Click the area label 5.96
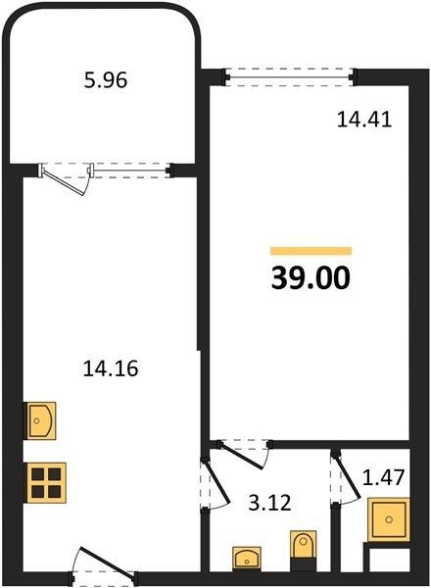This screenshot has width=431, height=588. (106, 80)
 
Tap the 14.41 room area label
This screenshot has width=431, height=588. (364, 120)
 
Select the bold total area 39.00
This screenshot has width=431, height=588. (311, 278)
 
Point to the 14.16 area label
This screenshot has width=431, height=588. (111, 368)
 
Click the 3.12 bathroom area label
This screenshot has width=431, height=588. (269, 503)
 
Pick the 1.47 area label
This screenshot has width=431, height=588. (383, 477)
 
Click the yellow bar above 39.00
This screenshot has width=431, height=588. (311, 251)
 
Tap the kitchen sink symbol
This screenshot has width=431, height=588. (40, 420)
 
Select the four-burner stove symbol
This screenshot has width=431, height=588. (45, 483)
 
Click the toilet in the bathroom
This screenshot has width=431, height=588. (304, 550)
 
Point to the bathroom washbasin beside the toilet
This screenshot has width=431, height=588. (247, 559)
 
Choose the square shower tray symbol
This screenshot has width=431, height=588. (389, 519)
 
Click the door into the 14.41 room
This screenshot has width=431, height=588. (242, 457)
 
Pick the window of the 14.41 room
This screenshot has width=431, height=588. (289, 77)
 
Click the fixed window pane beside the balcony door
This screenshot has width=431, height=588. (129, 171)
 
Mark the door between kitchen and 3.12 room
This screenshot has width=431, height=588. (216, 481)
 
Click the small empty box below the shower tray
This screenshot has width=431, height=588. (389, 561)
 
